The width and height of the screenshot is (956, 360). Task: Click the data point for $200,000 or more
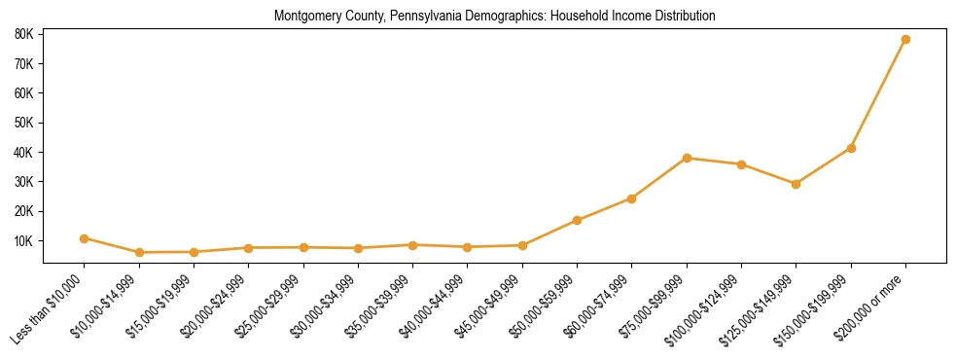click(x=905, y=40)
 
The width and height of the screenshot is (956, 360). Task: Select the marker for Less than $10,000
click(x=85, y=238)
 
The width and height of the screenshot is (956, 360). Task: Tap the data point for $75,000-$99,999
click(x=687, y=158)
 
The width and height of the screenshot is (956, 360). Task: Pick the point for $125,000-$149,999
click(x=796, y=184)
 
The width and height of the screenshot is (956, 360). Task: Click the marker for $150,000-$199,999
click(x=851, y=148)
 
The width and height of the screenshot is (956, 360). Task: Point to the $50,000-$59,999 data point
click(x=577, y=220)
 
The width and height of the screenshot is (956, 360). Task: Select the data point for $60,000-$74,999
click(x=632, y=198)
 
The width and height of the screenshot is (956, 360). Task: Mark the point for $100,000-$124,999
click(x=741, y=164)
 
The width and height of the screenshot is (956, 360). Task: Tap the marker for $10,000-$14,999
click(x=139, y=252)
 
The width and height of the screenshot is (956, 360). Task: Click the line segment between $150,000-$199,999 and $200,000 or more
click(x=878, y=94)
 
